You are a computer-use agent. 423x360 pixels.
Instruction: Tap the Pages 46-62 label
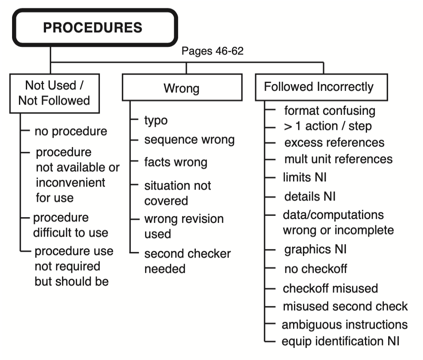212,52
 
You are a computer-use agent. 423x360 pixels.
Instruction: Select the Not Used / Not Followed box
54,93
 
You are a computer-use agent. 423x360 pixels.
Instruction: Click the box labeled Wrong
182,89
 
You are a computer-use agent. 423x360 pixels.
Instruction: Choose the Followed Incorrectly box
318,87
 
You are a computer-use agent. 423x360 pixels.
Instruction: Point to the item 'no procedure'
71,131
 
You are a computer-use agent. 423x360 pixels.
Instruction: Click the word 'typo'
155,120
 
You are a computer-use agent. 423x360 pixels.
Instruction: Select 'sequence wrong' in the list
189,140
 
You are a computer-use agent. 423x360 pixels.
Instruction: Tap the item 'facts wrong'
176,162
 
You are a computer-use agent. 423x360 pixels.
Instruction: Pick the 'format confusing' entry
330,111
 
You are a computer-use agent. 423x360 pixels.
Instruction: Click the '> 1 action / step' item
327,126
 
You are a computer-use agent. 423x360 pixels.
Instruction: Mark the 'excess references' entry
334,142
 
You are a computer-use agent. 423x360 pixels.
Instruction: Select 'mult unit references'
338,159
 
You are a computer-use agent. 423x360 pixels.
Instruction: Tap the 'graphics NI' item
315,249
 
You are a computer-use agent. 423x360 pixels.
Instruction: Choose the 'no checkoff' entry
315,269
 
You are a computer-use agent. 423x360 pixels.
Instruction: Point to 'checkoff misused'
330,288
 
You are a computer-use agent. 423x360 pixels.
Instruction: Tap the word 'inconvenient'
70,182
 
